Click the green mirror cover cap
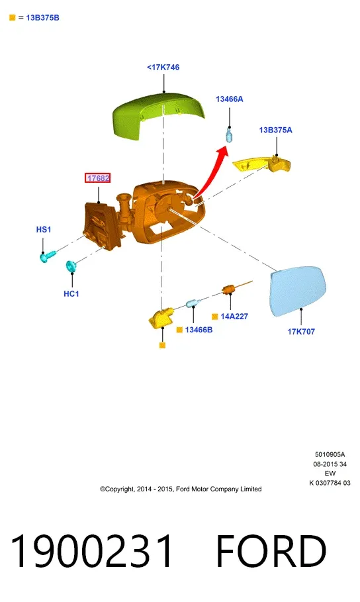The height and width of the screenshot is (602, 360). (157, 115)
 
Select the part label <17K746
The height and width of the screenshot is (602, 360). (163, 67)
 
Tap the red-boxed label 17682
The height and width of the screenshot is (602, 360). (98, 178)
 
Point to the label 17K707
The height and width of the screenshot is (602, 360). (301, 331)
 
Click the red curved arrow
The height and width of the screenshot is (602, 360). (213, 172)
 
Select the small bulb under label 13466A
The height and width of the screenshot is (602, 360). (229, 136)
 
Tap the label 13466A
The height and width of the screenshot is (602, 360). (230, 99)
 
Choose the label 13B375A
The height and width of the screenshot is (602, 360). (275, 130)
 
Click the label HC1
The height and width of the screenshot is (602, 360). (71, 293)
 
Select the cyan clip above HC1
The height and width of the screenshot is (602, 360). (71, 266)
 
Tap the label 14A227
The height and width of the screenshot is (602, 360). (234, 317)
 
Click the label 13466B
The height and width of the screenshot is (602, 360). (199, 330)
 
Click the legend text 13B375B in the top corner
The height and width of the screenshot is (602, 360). (42, 18)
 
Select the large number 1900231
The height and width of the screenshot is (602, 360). (91, 551)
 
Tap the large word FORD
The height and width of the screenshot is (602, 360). (271, 551)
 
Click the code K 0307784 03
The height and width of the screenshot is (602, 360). (330, 483)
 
